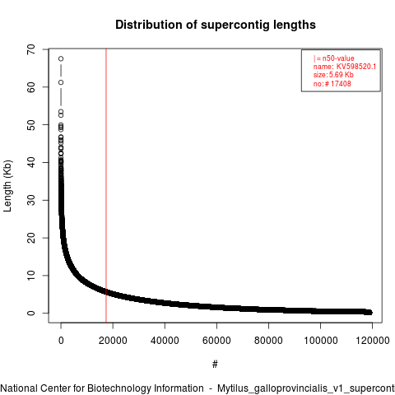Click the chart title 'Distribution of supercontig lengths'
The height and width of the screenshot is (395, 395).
pos(216,25)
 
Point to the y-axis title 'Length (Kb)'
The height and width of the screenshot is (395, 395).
pos(7,186)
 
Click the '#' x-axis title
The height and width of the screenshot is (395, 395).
pos(215,365)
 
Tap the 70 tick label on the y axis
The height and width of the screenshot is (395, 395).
pos(31,49)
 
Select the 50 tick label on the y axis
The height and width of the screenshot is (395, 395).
pos(31,125)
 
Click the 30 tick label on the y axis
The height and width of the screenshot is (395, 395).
pos(31,200)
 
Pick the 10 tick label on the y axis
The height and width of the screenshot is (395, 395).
pos(31,276)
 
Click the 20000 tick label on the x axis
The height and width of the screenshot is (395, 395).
pos(113,341)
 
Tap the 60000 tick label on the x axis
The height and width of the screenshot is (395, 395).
pos(216,341)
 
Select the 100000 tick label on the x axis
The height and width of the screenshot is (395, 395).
pos(320,341)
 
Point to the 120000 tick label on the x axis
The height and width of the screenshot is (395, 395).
pos(373,341)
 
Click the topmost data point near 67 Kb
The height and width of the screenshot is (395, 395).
pos(61,58)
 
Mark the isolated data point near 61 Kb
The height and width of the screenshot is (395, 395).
pos(61,82)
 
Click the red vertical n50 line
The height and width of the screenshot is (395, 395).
pos(106,186)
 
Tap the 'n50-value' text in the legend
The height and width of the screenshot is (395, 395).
pos(338,58)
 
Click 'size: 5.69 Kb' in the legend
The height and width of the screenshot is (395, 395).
pos(333,75)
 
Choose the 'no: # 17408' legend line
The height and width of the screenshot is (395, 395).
pos(332,83)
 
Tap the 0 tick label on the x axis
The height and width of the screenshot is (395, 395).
pos(61,341)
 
